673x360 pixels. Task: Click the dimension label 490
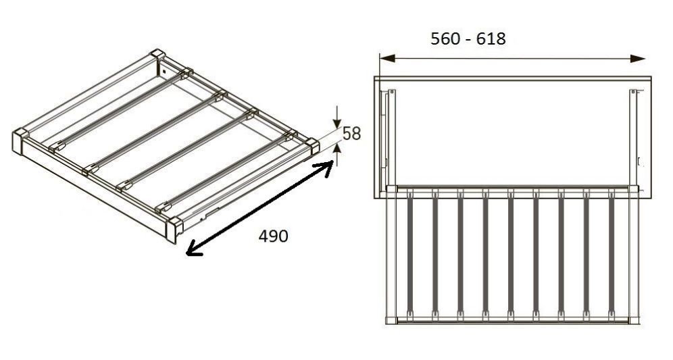click(274, 236)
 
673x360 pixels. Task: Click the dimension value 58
click(351, 134)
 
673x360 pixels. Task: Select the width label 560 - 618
click(468, 38)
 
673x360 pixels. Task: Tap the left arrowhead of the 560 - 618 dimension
click(387, 58)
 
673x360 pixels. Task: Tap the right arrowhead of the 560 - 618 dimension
click(639, 58)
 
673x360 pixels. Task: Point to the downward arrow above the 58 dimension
click(337, 116)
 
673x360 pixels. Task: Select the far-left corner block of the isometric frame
click(20, 140)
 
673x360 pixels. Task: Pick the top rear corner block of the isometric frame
click(157, 55)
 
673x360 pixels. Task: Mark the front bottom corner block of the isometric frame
click(174, 229)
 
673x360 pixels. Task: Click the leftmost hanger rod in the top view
click(410, 255)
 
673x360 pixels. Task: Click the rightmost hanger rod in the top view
click(612, 255)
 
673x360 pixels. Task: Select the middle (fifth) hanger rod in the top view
click(511, 255)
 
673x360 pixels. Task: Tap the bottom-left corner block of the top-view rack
click(391, 320)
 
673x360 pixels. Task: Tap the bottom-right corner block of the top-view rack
click(634, 320)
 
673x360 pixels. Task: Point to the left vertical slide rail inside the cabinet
click(392, 138)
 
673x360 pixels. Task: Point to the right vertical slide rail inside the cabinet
click(634, 138)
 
